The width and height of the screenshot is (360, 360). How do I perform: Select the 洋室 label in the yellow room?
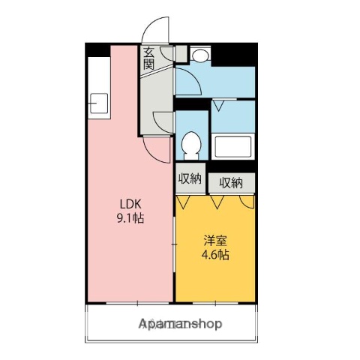click(216, 241)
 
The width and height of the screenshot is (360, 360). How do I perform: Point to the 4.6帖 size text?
click(216, 254)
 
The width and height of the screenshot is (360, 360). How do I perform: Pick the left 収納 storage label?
click(190, 178)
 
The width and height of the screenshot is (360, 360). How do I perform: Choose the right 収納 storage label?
click(231, 182)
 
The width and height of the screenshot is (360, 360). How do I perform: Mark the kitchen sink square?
click(98, 103)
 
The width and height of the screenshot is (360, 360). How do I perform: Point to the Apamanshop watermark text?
click(180, 324)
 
